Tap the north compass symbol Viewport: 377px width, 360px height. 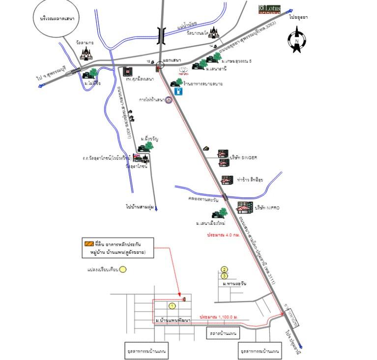point(296,41)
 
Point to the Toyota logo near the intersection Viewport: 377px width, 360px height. point(183,70)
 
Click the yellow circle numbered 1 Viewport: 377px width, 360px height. point(172,305)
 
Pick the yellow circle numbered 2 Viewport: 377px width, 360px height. point(225,269)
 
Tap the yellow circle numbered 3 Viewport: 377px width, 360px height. point(225,276)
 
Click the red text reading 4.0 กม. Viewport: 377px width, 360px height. point(221,236)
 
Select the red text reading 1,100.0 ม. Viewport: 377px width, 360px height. point(219,317)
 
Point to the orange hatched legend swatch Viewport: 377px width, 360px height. point(89,243)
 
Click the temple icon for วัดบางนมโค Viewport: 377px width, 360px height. point(213,33)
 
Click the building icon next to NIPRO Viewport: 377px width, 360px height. point(244,208)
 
